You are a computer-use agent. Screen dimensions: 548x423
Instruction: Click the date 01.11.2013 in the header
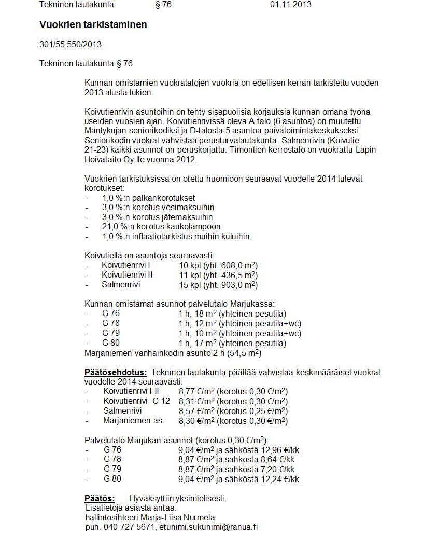pyautogui.click(x=290, y=5)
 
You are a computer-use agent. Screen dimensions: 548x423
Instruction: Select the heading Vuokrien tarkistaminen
pyautogui.click(x=93, y=25)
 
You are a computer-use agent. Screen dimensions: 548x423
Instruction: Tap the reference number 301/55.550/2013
pyautogui.click(x=70, y=44)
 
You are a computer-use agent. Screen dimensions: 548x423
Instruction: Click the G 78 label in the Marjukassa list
pyautogui.click(x=111, y=323)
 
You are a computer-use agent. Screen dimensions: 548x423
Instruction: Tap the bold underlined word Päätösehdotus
pyautogui.click(x=116, y=373)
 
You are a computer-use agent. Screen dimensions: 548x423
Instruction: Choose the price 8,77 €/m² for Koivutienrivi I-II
pyautogui.click(x=196, y=391)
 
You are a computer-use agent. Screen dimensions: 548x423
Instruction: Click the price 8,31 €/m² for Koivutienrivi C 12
pyautogui.click(x=196, y=401)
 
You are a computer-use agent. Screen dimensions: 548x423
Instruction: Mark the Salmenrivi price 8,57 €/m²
pyautogui.click(x=196, y=411)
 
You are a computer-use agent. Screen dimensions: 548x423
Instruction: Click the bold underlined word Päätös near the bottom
pyautogui.click(x=100, y=499)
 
